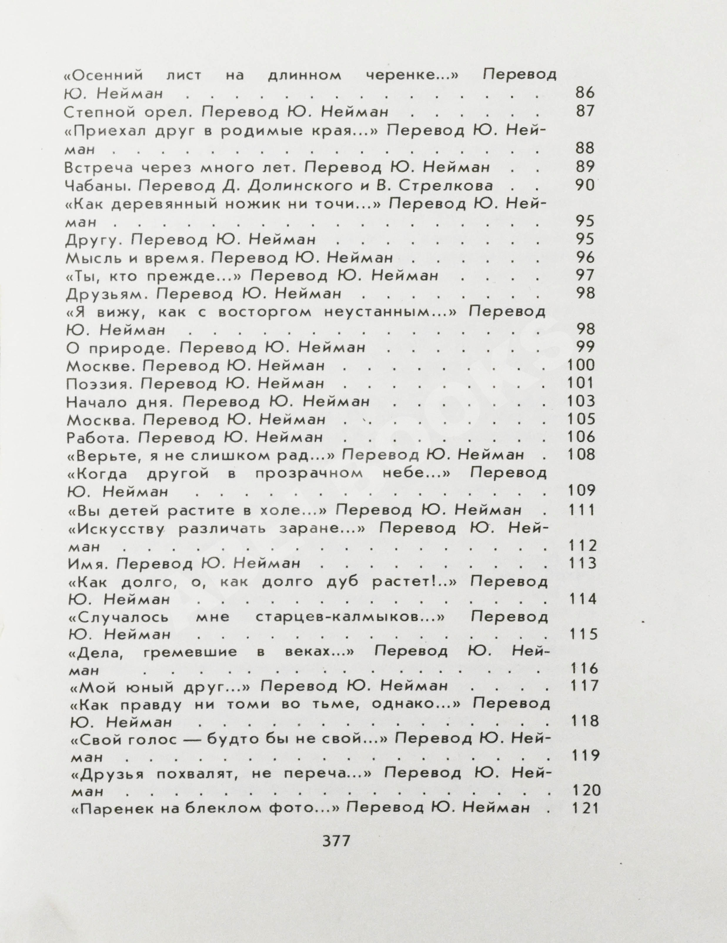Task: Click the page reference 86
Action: coord(585,93)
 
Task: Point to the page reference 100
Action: coord(581,365)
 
